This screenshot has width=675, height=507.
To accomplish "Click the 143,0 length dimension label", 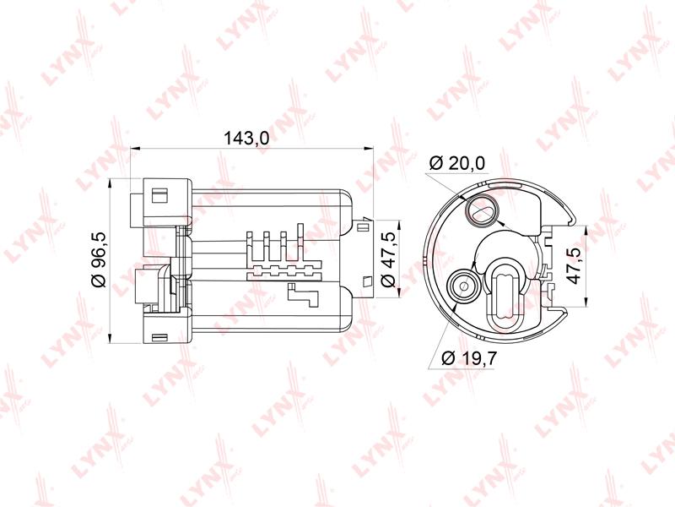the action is click(246, 138).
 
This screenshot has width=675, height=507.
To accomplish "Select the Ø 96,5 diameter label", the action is click(99, 259).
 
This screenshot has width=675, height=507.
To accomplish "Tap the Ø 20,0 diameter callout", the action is click(457, 163).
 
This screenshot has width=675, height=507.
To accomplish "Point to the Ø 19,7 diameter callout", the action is click(469, 357).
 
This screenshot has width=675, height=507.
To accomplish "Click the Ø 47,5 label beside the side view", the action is click(389, 259).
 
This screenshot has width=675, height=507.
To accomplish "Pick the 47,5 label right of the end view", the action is click(575, 264).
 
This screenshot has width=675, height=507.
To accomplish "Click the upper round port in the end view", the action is click(481, 210).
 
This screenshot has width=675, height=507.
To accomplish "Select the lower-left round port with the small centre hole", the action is click(463, 286).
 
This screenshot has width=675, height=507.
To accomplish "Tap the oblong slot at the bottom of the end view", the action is click(505, 295).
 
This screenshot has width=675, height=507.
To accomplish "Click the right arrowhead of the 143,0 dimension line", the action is click(368, 150).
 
